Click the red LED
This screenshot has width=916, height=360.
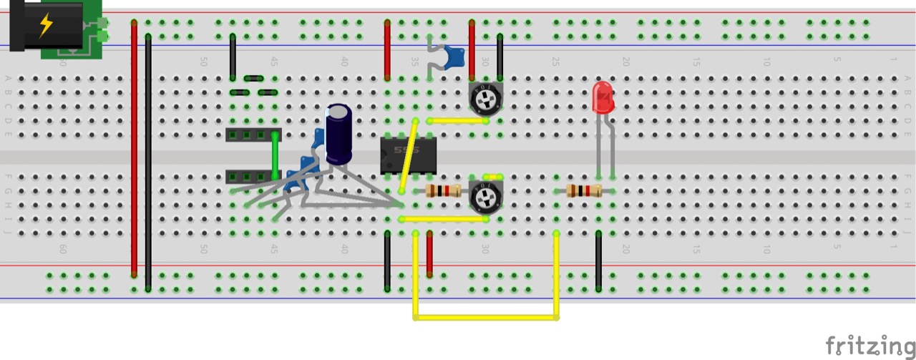point(603,98)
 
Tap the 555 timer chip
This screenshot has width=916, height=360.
point(409,155)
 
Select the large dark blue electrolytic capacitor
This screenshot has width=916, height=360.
point(338,135)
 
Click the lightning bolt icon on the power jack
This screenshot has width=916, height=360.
point(46,25)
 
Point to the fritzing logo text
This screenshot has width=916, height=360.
point(869,345)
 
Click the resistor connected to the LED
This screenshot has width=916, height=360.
point(584,191)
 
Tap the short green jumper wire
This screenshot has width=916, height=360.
point(276,155)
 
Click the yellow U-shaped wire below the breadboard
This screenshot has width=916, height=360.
point(486,316)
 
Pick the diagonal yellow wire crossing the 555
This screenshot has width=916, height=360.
point(409,155)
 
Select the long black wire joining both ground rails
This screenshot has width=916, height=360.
point(148,162)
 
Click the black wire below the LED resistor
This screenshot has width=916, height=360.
point(599,261)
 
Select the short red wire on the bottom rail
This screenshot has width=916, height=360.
point(429,253)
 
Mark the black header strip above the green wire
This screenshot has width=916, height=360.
point(253,135)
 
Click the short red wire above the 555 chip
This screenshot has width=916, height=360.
point(387,49)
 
